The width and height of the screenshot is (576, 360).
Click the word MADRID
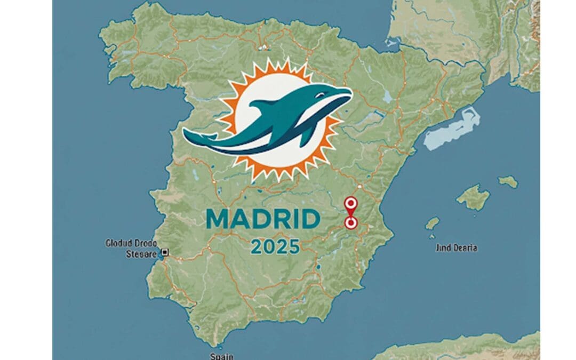click(262, 219)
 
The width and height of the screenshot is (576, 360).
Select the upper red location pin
click(350, 204)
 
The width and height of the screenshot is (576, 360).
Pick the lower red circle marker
click(350, 223)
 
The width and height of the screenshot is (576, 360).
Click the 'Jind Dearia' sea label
click(457, 247)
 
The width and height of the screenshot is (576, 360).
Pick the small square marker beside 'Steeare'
click(165, 252)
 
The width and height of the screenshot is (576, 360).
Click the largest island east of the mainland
click(473, 197)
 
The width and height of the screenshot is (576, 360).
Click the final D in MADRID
click(311, 219)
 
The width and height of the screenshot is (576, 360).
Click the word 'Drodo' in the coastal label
click(149, 243)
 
